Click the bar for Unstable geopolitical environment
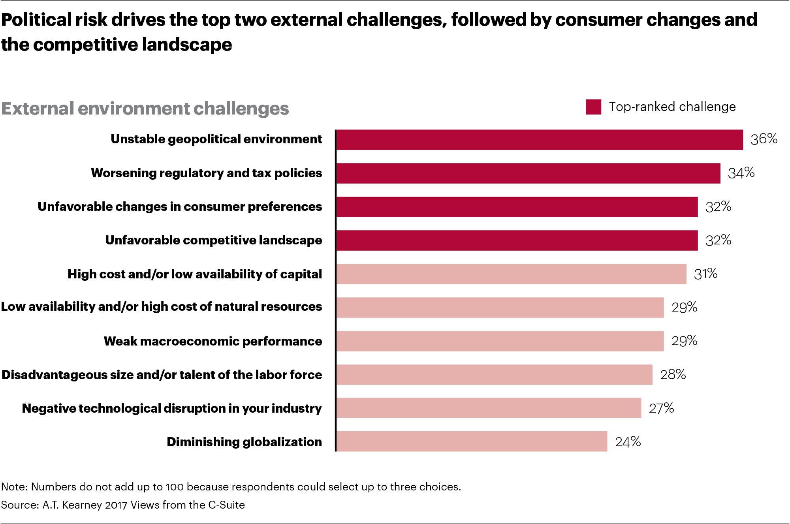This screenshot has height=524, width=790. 539,140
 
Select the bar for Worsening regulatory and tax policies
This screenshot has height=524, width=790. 528,173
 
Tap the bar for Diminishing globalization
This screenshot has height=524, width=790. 472,441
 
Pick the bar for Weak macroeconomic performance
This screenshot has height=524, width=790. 500,341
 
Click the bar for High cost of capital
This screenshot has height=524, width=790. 511,274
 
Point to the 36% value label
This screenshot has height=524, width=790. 764,139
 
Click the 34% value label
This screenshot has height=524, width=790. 741,173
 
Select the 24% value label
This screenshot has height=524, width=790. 628,441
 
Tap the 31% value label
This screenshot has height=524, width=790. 705,274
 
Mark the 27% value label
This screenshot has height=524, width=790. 661,408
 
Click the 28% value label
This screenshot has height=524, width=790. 673,374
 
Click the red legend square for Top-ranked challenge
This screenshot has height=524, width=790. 593,107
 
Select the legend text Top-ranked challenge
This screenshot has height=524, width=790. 672,107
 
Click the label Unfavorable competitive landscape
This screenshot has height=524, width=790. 213,240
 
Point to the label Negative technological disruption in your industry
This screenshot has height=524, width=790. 172,408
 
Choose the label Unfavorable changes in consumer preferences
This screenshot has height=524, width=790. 180,207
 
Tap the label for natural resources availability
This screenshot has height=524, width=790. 161,307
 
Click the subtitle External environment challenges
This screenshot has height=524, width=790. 145,109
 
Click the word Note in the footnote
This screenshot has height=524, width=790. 13,486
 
